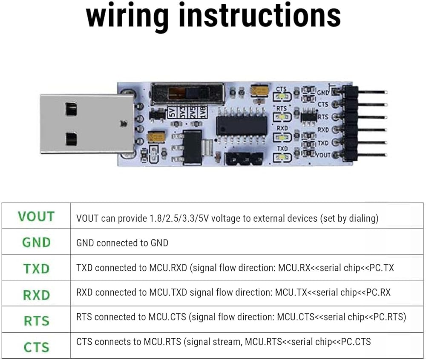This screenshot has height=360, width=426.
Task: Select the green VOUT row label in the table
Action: tap(36, 217)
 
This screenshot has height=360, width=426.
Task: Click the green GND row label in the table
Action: tap(36, 242)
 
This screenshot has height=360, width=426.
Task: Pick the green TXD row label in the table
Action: tap(36, 269)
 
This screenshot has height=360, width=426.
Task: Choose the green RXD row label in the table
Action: tap(36, 295)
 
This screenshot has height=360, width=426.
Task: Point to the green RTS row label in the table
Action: tap(36, 321)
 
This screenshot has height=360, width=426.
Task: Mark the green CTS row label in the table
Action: tap(36, 347)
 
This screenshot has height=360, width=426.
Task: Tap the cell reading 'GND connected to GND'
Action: tap(122, 243)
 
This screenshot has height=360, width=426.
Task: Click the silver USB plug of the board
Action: tap(87, 123)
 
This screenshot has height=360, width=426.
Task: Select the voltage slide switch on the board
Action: tap(188, 94)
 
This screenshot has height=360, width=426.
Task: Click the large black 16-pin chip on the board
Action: tap(242, 126)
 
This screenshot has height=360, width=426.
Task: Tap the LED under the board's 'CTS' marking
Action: tap(282, 97)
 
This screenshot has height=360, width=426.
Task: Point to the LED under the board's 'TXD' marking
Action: tap(282, 157)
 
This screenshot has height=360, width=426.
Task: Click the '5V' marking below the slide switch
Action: tap(172, 112)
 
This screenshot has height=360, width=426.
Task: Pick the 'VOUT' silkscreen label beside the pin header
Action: tap(323, 155)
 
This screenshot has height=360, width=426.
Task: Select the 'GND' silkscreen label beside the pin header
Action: tap(323, 92)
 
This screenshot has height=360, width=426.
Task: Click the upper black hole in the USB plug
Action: tap(71, 109)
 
